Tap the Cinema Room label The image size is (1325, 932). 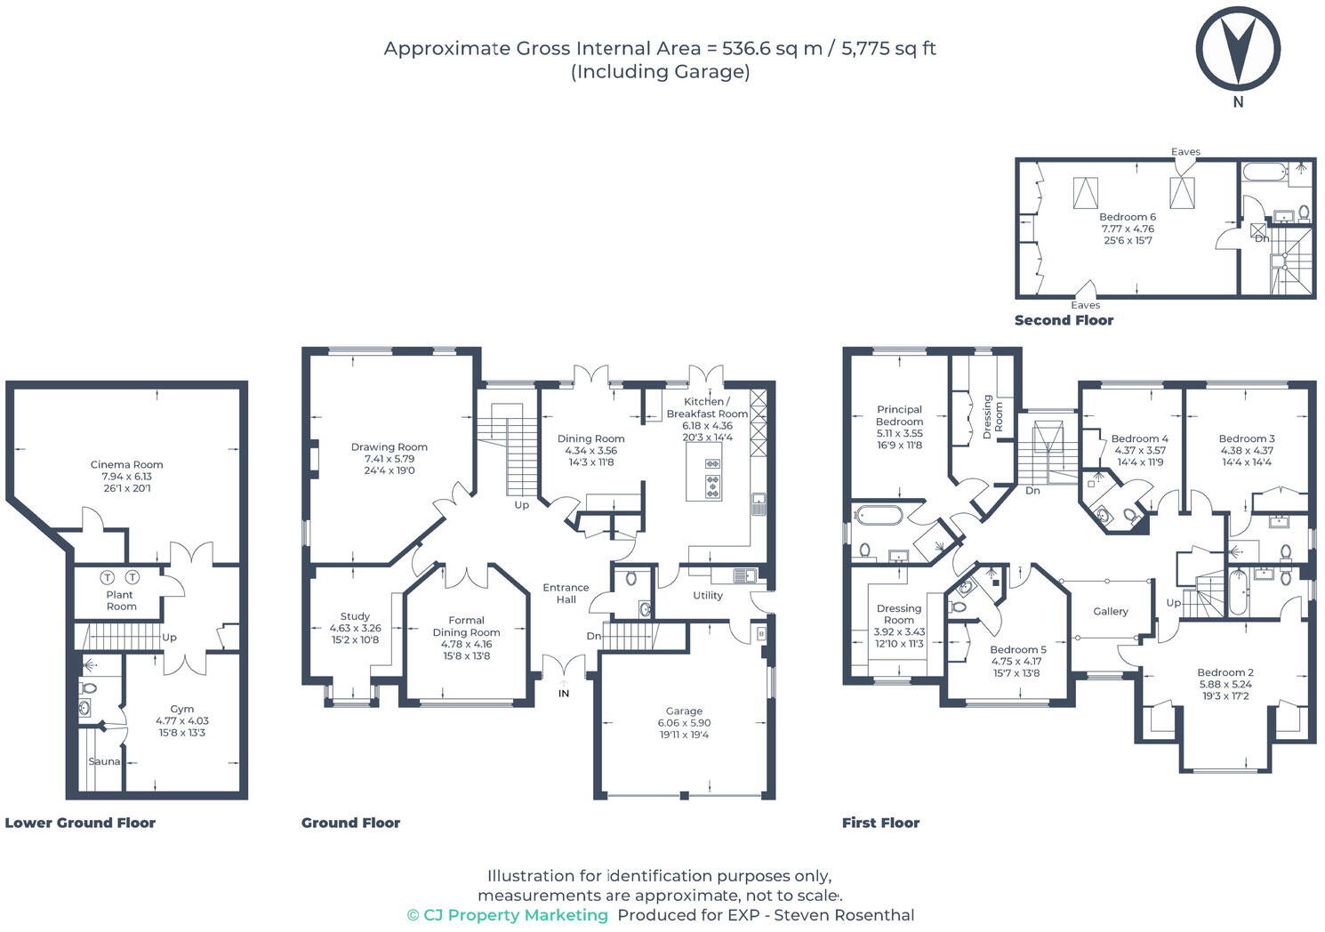click(126, 465)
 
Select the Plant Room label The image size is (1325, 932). click(121, 601)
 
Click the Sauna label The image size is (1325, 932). click(104, 761)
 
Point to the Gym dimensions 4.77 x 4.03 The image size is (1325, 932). click(182, 721)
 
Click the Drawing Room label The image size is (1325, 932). click(389, 447)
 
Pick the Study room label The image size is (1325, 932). click(355, 616)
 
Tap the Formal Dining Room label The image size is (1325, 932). click(466, 626)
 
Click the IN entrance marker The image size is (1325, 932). click(564, 693)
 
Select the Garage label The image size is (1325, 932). click(685, 711)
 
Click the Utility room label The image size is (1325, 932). click(708, 596)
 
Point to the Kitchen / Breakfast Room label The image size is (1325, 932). click(708, 407)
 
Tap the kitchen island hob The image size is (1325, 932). click(712, 479)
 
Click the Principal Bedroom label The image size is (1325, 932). click(899, 415)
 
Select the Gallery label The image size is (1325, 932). click(1111, 612)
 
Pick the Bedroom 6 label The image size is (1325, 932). click(1128, 217)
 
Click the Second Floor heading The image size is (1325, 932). click(1064, 320)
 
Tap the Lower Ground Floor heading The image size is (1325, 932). click(80, 823)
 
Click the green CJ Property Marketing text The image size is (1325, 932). click(508, 915)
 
